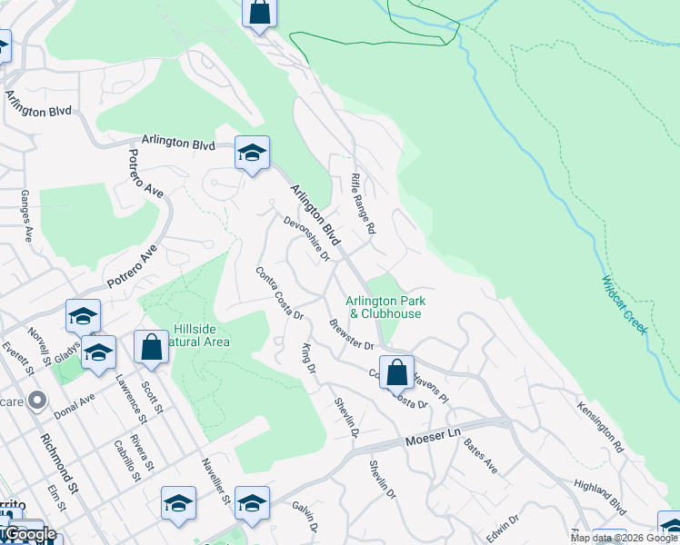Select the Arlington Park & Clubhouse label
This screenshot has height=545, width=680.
click(385, 307)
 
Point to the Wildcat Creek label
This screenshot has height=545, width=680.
click(624, 305)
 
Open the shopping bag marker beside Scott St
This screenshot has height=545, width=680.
click(151, 346)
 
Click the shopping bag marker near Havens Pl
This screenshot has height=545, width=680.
click(396, 372)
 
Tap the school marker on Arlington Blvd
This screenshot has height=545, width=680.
click(252, 152)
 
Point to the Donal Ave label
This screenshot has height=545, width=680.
click(75, 400)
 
